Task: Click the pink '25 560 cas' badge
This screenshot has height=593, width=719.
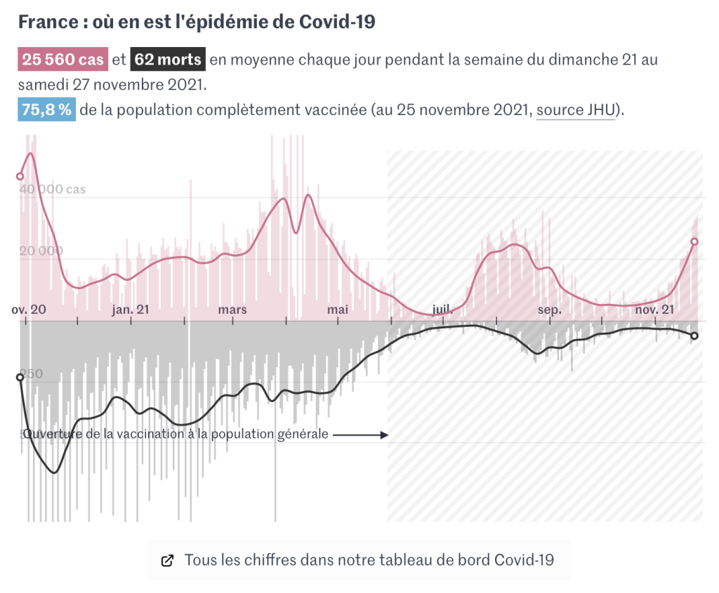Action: [x=63, y=60]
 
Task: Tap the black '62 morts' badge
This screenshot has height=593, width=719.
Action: [x=168, y=60]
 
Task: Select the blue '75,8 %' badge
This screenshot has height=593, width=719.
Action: [x=46, y=111]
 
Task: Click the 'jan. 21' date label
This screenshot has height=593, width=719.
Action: [x=131, y=309]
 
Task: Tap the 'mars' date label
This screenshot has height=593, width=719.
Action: [x=232, y=309]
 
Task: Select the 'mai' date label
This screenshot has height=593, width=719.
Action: [x=338, y=309]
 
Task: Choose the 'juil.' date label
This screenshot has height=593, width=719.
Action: [x=442, y=309]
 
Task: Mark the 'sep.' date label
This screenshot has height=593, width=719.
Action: [x=550, y=309]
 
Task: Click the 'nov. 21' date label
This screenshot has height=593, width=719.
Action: [x=654, y=309]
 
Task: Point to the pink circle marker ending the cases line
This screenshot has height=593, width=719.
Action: [x=694, y=241]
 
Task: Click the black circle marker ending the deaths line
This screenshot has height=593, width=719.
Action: [x=694, y=336]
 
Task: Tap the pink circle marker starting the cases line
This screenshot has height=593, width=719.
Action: [x=20, y=176]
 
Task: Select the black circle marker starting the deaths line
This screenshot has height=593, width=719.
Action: [x=20, y=378]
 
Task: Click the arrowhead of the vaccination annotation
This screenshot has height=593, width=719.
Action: [x=385, y=435]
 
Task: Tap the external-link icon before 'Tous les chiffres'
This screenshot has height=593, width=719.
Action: [x=167, y=560]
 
